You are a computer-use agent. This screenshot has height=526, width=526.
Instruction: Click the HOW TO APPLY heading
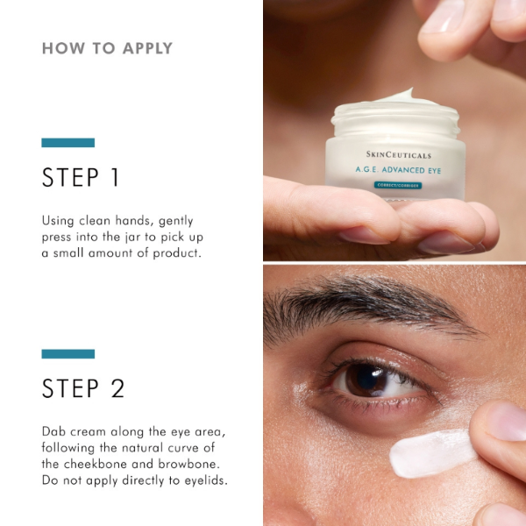point(107,48)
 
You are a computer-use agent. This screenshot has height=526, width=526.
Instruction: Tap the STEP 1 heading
point(81,178)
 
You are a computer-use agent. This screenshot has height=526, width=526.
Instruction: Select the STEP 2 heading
point(83,388)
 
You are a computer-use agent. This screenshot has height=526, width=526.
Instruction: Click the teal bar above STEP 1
point(68,143)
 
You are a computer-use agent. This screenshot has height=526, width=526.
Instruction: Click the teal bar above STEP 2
point(68,353)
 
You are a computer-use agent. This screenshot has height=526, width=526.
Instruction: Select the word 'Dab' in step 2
point(54,431)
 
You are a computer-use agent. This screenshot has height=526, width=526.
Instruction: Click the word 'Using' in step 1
point(60,221)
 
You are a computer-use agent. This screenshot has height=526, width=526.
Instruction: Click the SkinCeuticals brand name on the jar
point(399,154)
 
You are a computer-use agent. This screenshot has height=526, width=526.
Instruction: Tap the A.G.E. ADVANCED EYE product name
point(398,170)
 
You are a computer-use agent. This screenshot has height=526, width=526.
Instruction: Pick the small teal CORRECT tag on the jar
point(398,186)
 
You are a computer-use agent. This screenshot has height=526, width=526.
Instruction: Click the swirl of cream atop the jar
point(394,97)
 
